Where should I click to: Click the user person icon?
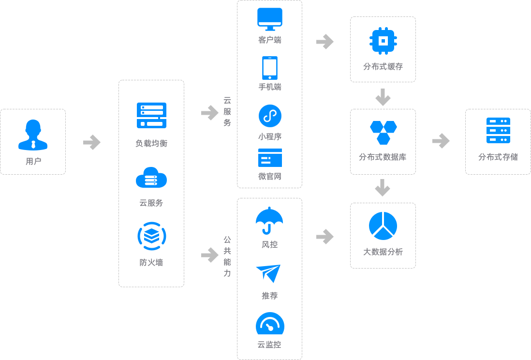32,135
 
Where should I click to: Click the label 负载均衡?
149,143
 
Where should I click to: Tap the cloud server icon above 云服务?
151,178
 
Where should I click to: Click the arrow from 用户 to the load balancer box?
92,142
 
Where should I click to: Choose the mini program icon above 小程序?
270,115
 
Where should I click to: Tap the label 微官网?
270,177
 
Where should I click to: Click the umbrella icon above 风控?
269,221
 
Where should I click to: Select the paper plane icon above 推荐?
269,273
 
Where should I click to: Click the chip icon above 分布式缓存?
383,41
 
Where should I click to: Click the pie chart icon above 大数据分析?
383,226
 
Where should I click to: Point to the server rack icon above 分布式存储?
498,130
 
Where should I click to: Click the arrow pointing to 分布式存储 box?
441,141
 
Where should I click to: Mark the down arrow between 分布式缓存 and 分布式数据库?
383,97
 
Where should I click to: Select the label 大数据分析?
383,252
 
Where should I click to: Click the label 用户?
32,161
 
